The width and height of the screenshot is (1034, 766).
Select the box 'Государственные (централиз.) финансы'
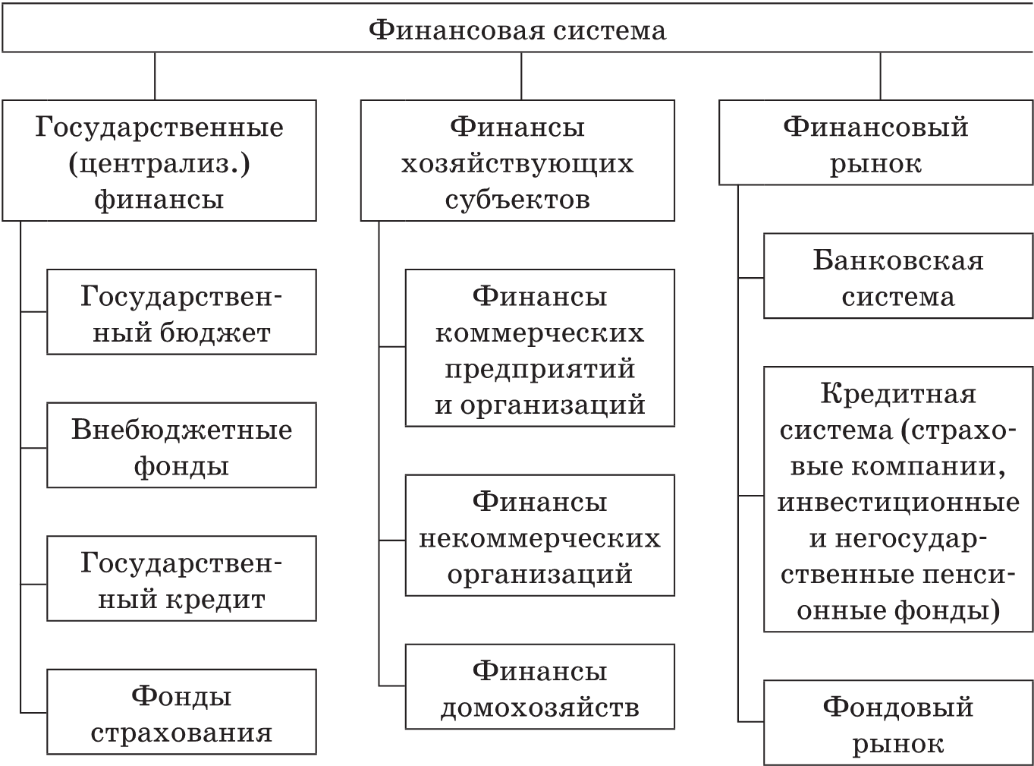click(159, 161)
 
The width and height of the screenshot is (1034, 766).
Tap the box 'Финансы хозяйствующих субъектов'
click(517, 161)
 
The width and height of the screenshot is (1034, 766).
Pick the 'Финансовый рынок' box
click(875, 143)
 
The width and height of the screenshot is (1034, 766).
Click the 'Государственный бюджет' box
click(181, 312)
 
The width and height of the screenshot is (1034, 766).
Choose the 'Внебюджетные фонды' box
click(181, 446)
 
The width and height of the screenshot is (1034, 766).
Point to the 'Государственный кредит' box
click(181, 579)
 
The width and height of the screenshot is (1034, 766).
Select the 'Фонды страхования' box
click(181, 712)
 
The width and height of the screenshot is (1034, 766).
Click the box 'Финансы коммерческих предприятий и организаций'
click(539, 348)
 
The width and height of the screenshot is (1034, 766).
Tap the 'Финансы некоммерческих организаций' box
click(539, 536)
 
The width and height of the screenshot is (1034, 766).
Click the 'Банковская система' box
click(897, 276)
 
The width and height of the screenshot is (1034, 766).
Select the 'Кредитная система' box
click(897, 500)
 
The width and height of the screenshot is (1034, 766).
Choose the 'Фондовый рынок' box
click(897, 723)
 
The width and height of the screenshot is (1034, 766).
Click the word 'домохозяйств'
click(539, 708)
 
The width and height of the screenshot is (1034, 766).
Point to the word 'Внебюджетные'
click(181, 430)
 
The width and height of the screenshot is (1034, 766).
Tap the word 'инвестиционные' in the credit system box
click(898, 502)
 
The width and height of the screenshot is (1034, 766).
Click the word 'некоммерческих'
click(539, 537)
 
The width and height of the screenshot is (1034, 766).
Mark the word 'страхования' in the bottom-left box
click(181, 733)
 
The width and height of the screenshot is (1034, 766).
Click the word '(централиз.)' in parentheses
click(159, 162)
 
